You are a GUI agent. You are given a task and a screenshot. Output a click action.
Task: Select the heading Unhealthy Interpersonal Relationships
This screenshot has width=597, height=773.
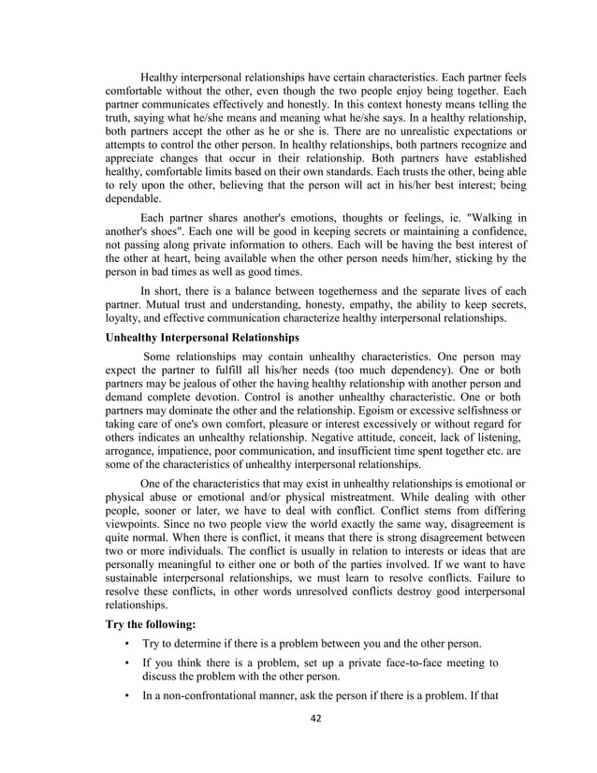coord(205,336)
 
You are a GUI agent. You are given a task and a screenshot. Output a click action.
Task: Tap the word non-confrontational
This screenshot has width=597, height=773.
coord(219,697)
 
